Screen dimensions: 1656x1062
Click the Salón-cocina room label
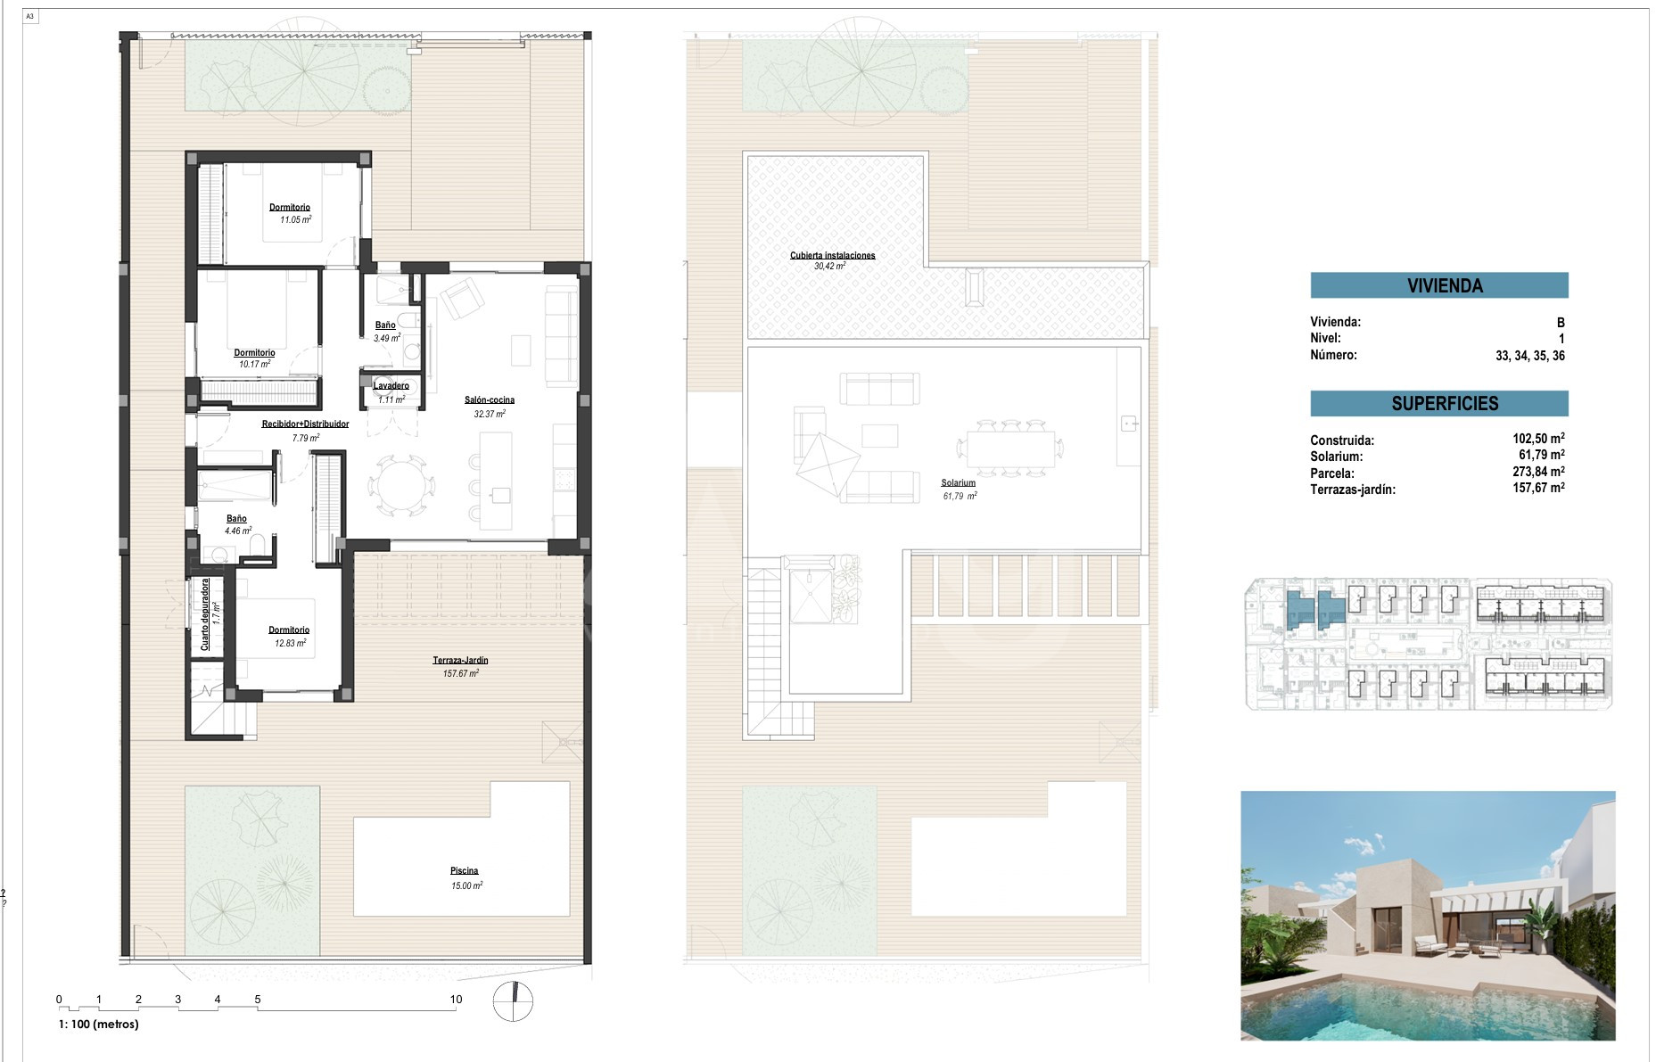coord(490,399)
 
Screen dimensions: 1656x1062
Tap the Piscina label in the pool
coord(464,870)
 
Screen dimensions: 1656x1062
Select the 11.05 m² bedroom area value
coord(296,219)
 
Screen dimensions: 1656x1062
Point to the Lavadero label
coord(391,386)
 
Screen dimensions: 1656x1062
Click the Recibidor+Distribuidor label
coord(305,424)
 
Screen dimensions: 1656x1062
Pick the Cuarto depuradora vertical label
coord(205,614)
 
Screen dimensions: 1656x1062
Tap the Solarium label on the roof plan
coord(959,482)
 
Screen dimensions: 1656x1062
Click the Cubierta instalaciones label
coord(833,255)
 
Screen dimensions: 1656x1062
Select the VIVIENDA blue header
coord(1439,285)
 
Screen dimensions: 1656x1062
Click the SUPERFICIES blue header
coord(1439,403)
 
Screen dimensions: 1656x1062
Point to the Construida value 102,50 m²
coord(1538,438)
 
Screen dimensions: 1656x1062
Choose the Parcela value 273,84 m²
coord(1538,472)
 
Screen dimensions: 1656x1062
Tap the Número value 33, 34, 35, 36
coord(1530,355)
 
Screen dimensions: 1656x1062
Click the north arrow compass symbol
coord(514,1001)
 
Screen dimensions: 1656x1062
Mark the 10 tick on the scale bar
coord(456,1000)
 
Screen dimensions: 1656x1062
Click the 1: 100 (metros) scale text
coord(99,1025)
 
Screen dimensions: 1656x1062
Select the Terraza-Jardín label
coord(460,660)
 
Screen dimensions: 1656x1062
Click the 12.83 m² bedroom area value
coord(291,643)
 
